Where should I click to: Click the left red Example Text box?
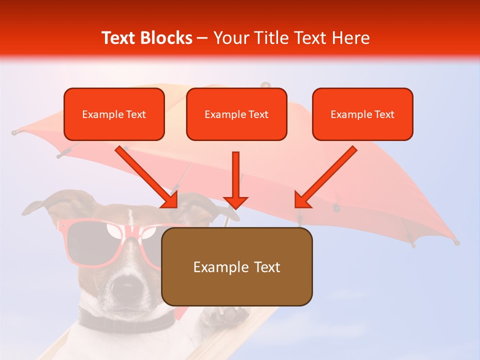click(114, 114)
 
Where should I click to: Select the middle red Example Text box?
click(236, 114)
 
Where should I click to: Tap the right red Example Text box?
click(362, 114)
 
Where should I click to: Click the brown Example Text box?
click(237, 266)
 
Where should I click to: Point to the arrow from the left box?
click(147, 177)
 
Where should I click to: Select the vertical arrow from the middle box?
click(235, 180)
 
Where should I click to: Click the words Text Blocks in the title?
click(146, 38)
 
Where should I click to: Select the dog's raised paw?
click(225, 316)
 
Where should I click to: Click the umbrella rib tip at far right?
click(456, 242)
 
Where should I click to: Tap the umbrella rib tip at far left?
click(14, 132)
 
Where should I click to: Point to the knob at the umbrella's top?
click(265, 85)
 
